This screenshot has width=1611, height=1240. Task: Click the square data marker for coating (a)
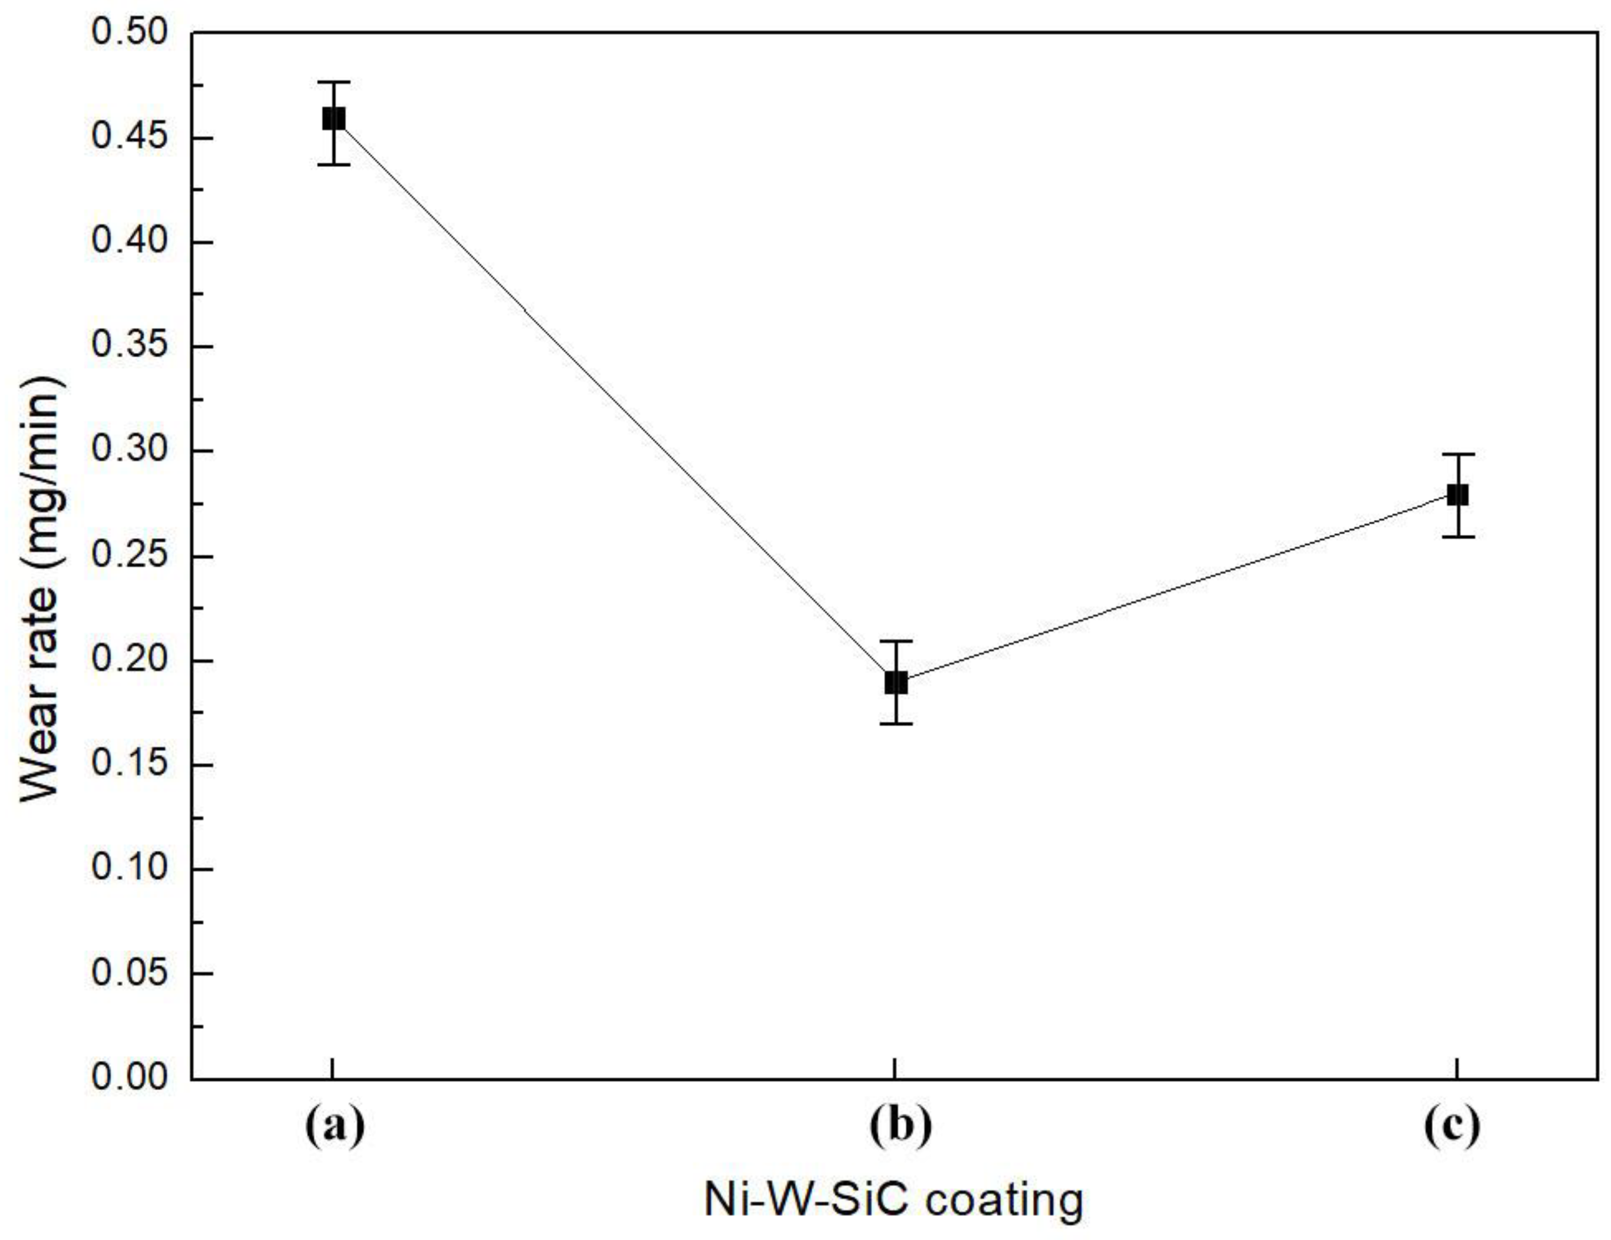(333, 119)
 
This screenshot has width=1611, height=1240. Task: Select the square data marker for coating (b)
(895, 682)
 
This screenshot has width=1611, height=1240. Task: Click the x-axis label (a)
(335, 1127)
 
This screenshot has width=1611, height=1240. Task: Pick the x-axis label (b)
(900, 1127)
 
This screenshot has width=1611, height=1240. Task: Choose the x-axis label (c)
(1452, 1127)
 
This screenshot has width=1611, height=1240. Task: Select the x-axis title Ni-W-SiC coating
(893, 1200)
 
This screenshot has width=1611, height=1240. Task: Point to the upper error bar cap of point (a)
(333, 82)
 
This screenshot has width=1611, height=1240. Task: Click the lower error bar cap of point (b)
(895, 723)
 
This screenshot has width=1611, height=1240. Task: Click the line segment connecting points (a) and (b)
(614, 400)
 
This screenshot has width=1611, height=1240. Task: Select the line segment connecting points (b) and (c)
(1176, 588)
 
